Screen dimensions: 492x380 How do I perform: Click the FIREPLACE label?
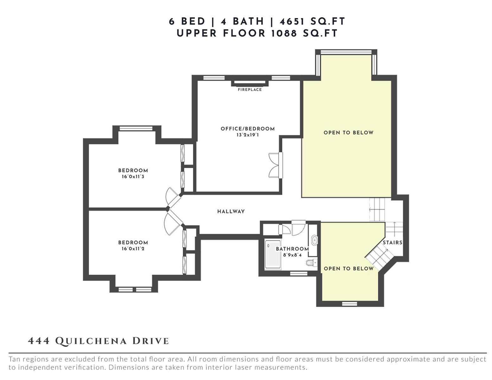(250, 90)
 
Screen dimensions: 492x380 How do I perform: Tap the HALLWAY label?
(231, 212)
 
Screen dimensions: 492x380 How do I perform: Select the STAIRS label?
(393, 242)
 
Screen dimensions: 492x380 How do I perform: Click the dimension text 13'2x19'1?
(247, 135)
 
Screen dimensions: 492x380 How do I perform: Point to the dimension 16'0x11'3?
(133, 176)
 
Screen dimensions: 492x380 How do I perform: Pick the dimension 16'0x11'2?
(133, 249)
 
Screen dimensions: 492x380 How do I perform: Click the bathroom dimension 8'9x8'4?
(292, 255)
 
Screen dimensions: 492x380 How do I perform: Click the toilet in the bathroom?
(311, 263)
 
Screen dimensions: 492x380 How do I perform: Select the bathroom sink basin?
(315, 240)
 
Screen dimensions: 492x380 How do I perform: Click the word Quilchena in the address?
(91, 341)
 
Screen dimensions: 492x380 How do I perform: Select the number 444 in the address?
(39, 341)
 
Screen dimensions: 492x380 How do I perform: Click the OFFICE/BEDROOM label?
(248, 129)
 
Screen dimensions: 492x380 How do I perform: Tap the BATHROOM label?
(292, 249)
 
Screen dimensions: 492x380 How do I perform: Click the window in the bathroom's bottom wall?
(299, 274)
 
